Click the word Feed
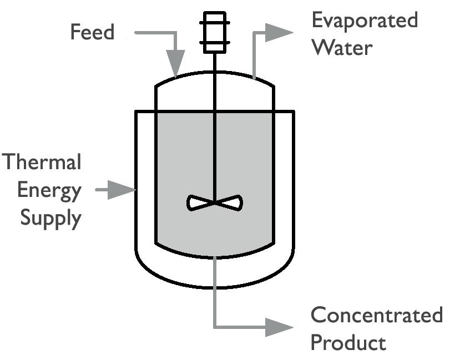[92, 32]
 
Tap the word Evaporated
[364, 21]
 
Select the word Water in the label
[341, 47]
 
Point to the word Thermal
[42, 163]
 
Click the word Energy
[49, 190]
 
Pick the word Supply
[50, 217]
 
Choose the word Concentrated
[376, 315]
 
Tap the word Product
[347, 342]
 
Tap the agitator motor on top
[215, 32]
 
